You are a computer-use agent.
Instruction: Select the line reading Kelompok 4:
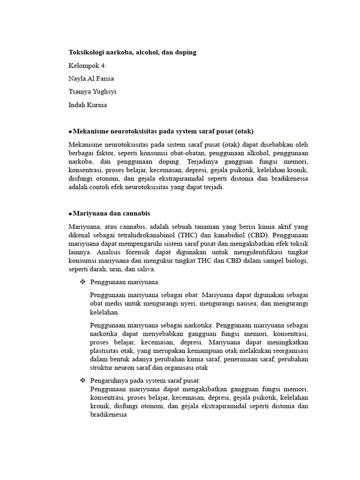point(88,66)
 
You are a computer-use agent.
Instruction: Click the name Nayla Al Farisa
point(91,79)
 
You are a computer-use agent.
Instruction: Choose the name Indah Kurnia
point(88,105)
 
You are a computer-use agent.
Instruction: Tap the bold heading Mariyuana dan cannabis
point(111,213)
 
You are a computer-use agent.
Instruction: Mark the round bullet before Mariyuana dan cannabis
point(70,214)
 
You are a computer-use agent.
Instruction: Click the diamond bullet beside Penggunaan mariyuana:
point(82,282)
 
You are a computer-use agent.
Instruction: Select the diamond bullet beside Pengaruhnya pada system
point(82,380)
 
